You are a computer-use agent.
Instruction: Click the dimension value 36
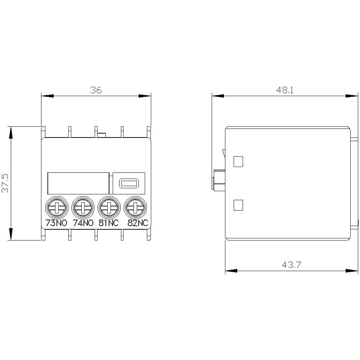pyautogui.click(x=96, y=90)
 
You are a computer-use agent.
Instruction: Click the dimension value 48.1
pyautogui.click(x=285, y=90)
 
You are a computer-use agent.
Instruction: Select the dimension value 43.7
pyautogui.click(x=291, y=265)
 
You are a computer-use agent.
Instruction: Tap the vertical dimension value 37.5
pyautogui.click(x=5, y=183)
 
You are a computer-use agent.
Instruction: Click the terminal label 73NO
pyautogui.click(x=56, y=223)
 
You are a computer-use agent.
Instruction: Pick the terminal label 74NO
pyautogui.click(x=83, y=223)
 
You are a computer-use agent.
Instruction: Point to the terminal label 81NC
pyautogui.click(x=109, y=223)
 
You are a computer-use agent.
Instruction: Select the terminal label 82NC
pyautogui.click(x=138, y=223)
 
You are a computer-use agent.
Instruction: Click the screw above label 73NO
pyautogui.click(x=56, y=207)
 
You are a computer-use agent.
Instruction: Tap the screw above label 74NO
pyautogui.click(x=82, y=207)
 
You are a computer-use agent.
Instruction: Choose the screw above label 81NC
pyautogui.click(x=109, y=207)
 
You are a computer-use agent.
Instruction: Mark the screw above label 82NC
pyautogui.click(x=135, y=207)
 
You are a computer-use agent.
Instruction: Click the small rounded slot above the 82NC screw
pyautogui.click(x=129, y=184)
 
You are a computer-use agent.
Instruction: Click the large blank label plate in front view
pyautogui.click(x=78, y=183)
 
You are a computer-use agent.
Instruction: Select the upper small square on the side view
pyautogui.click(x=238, y=162)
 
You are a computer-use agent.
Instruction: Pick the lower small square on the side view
pyautogui.click(x=238, y=205)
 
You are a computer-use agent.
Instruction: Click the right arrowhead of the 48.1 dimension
pyautogui.click(x=352, y=96)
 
